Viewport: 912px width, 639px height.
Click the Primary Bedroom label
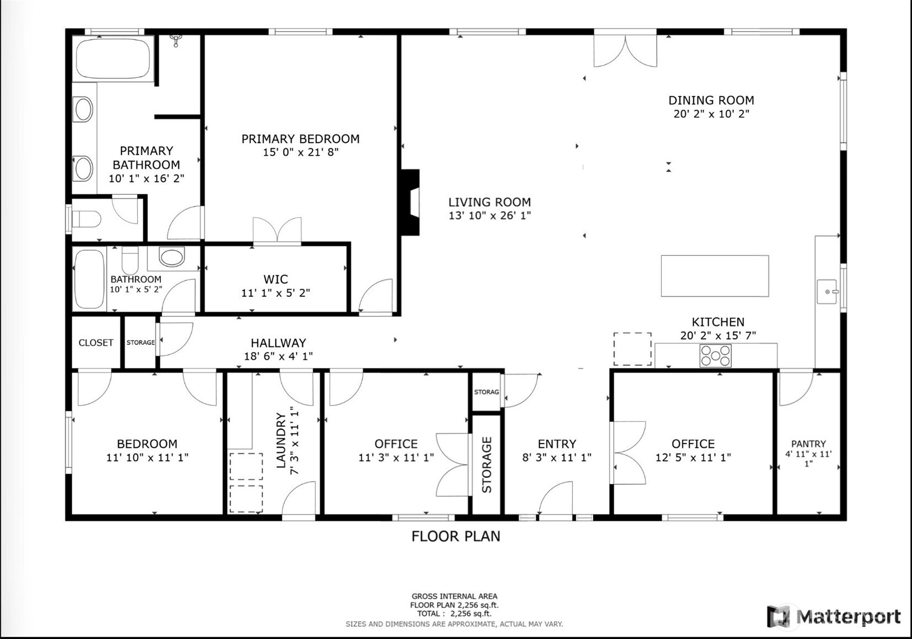(x=301, y=139)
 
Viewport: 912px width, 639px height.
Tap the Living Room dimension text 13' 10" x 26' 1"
(x=490, y=215)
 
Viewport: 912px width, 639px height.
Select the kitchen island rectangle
(x=715, y=276)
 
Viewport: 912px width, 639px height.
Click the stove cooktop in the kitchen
(x=715, y=356)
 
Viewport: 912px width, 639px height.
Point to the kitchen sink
(x=827, y=291)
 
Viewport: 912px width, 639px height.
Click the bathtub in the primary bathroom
(x=114, y=59)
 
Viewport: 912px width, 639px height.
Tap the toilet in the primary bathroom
(x=87, y=219)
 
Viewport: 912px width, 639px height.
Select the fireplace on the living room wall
(x=410, y=202)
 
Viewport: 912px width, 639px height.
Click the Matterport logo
(x=833, y=617)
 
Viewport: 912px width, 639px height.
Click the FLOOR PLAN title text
(x=455, y=537)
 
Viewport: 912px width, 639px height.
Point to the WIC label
(x=276, y=279)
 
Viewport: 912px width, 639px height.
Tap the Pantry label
(x=808, y=444)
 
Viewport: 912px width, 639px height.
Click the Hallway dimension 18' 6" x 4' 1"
(x=278, y=356)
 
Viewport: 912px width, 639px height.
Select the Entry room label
(x=557, y=444)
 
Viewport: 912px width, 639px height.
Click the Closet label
(x=96, y=343)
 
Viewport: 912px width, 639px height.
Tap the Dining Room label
(x=711, y=100)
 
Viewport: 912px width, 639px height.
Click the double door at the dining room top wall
(x=625, y=50)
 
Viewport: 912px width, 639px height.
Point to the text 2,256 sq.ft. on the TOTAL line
(x=471, y=614)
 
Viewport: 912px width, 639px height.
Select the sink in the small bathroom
(x=171, y=257)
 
